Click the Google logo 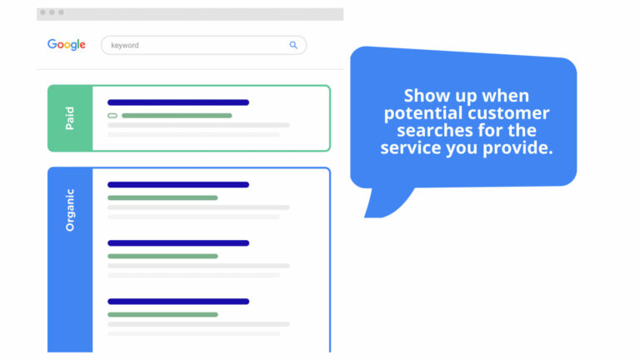(x=67, y=44)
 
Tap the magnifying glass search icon (x=293, y=45)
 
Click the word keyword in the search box (x=125, y=45)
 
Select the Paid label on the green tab (x=70, y=118)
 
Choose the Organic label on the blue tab (x=70, y=210)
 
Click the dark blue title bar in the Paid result (x=178, y=102)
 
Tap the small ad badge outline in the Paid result (x=112, y=116)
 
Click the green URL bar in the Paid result (x=177, y=116)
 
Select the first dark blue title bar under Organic (x=178, y=184)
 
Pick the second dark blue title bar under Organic (x=178, y=242)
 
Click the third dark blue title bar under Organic (x=178, y=301)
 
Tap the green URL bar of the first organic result (x=162, y=197)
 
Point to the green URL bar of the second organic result (x=162, y=256)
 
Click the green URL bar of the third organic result (x=162, y=314)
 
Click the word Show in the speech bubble (x=421, y=96)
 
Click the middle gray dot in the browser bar (x=52, y=12)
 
